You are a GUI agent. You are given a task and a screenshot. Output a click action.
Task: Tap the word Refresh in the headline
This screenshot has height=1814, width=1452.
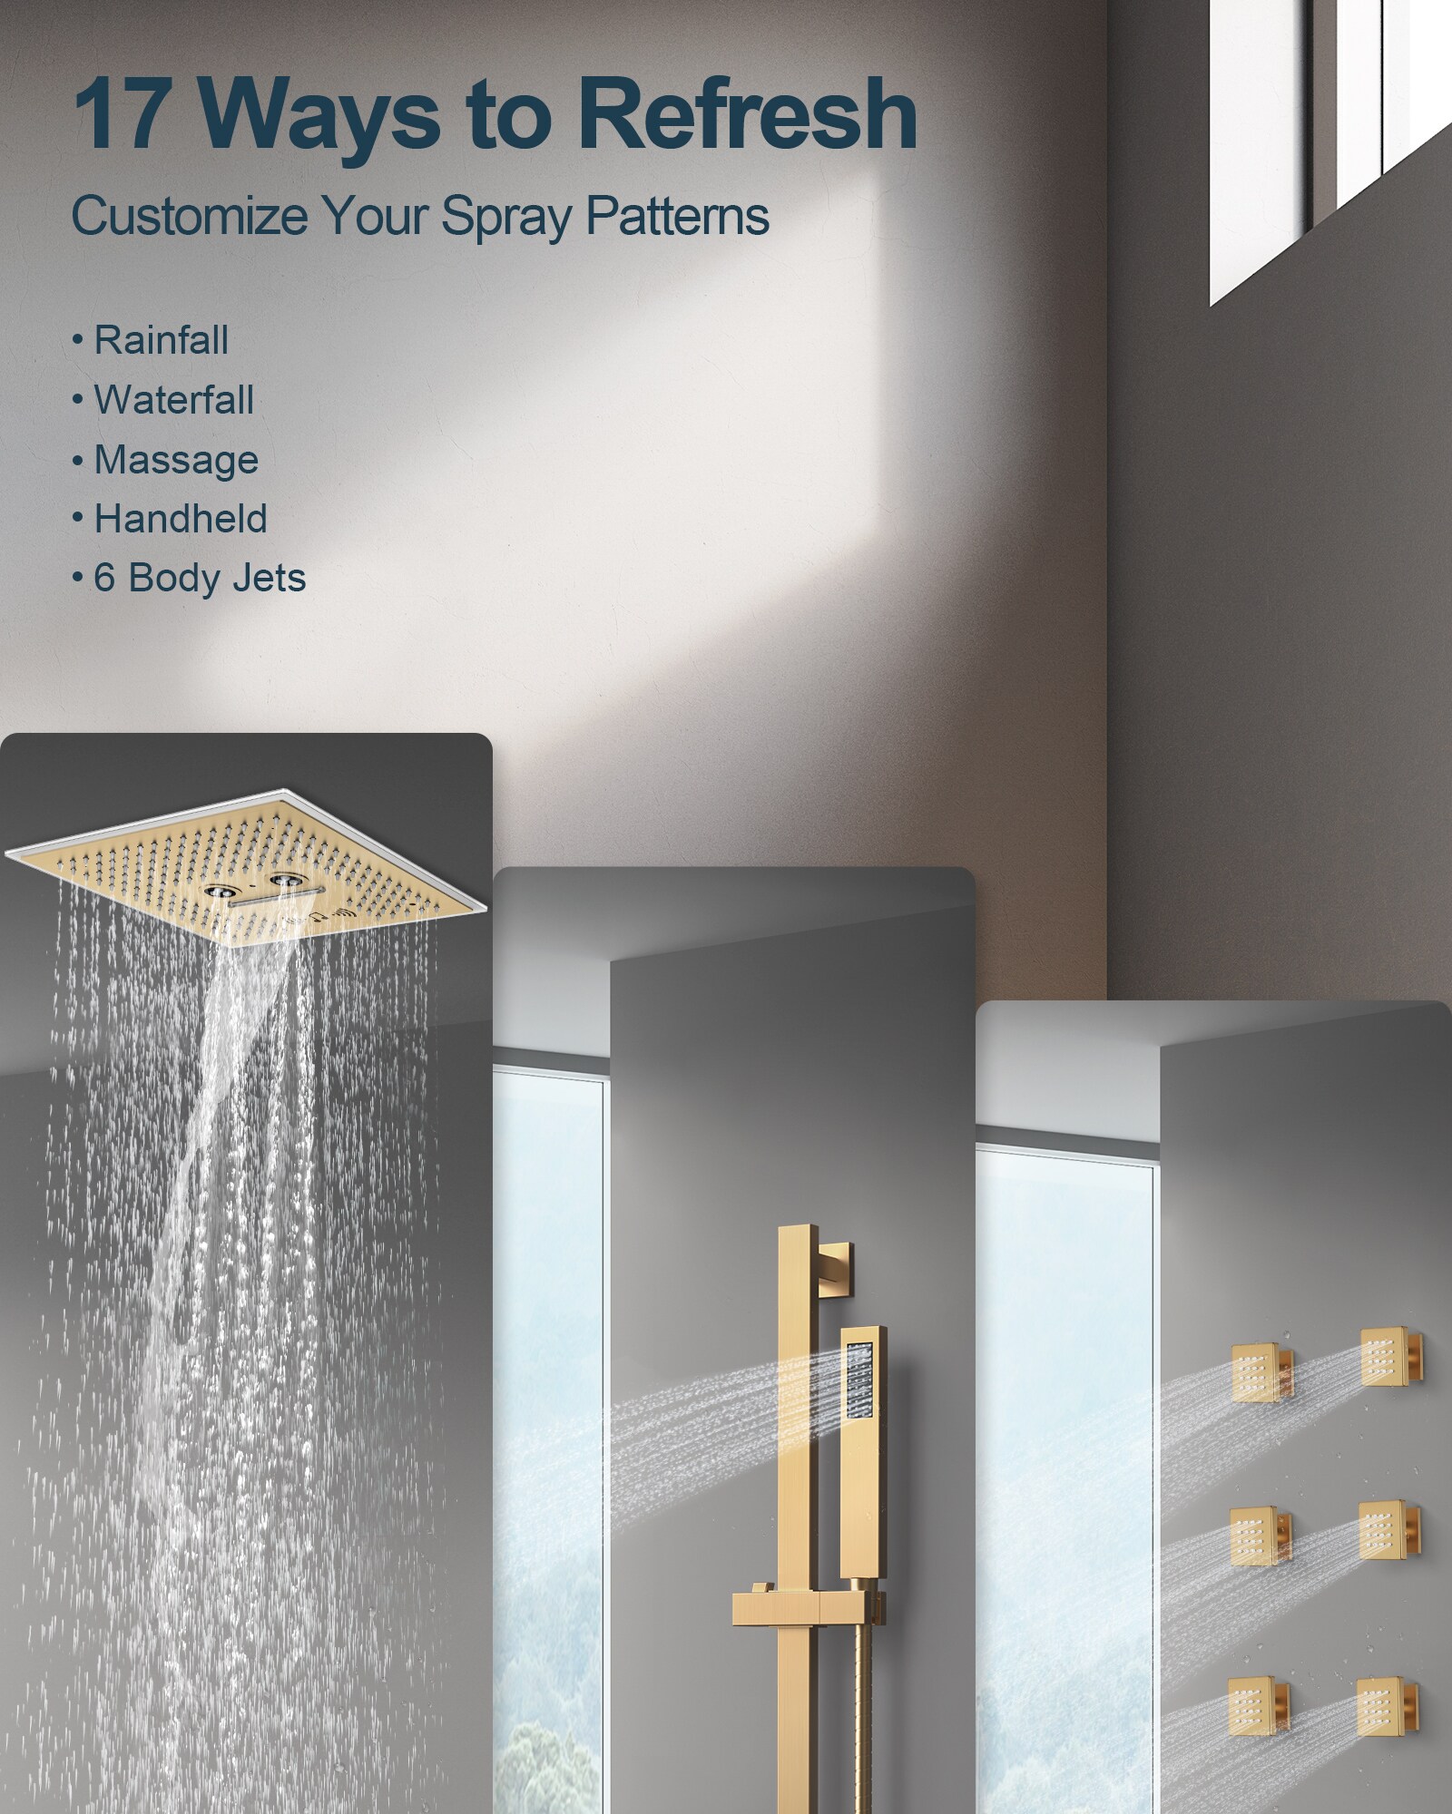tap(747, 114)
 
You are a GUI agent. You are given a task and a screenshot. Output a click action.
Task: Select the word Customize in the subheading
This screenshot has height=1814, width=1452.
tap(190, 218)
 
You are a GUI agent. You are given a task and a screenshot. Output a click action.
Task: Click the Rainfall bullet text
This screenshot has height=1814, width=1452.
tap(162, 341)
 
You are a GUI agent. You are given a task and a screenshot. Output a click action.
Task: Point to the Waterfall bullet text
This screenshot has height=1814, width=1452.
tap(173, 400)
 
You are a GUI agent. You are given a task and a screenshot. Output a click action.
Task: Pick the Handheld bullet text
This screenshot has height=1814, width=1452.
tap(181, 519)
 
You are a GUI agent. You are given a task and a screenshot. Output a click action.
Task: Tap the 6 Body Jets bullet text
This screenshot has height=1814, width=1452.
tap(200, 579)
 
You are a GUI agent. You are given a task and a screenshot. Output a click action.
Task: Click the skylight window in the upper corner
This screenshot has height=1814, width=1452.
tap(1330, 150)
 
